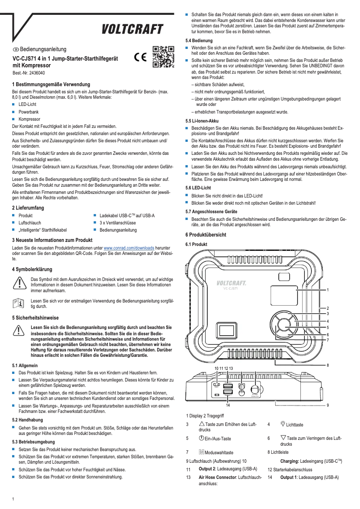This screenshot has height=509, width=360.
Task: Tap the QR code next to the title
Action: (163, 57)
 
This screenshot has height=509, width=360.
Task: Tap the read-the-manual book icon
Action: (19, 303)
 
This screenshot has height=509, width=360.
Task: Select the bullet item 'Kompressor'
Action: (29, 119)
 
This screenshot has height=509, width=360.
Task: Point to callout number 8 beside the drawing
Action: (328, 365)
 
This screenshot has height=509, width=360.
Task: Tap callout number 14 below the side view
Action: (228, 405)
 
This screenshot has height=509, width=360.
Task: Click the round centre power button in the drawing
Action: (284, 325)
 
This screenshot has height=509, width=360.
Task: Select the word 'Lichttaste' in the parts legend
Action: (294, 425)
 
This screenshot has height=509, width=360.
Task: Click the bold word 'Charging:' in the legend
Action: (293, 461)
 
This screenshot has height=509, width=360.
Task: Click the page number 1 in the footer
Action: (13, 499)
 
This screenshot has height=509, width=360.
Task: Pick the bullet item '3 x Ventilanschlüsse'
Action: (118, 223)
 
